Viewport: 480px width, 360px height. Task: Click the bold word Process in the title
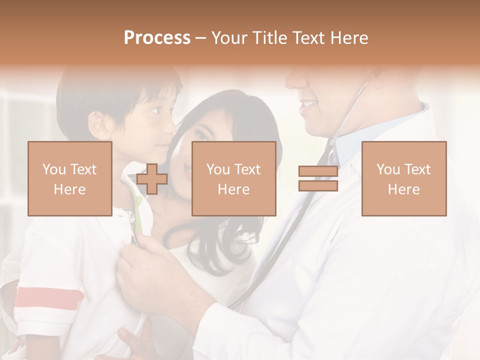tap(157, 38)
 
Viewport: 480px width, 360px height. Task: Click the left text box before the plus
tap(70, 178)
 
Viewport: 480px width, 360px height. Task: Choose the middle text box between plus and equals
tap(233, 178)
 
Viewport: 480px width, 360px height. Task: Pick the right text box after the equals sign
tap(404, 178)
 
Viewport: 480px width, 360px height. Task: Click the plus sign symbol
tap(152, 179)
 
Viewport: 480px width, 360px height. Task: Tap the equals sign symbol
tap(318, 179)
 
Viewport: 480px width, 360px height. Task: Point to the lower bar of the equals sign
tap(318, 186)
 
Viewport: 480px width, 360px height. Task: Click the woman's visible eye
tap(200, 135)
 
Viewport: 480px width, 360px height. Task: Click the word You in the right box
tap(388, 169)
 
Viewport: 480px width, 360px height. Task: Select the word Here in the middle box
tap(233, 189)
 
